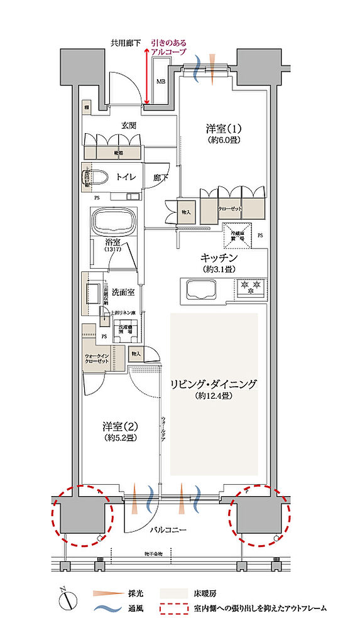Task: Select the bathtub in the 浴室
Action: pos(115,222)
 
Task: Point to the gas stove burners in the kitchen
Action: pos(250,289)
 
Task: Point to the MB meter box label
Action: pos(161,80)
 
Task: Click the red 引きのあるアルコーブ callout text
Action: pos(168,47)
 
